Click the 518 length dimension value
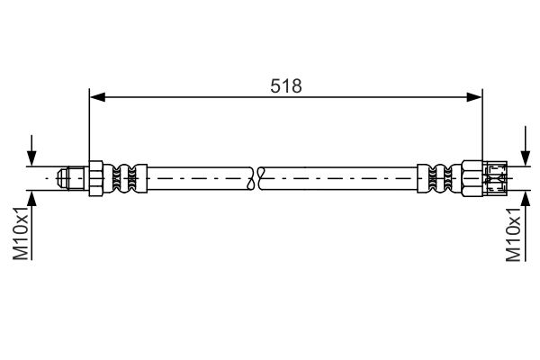[x=286, y=85]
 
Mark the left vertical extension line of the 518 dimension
[x=88, y=126]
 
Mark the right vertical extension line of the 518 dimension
[x=483, y=126]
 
